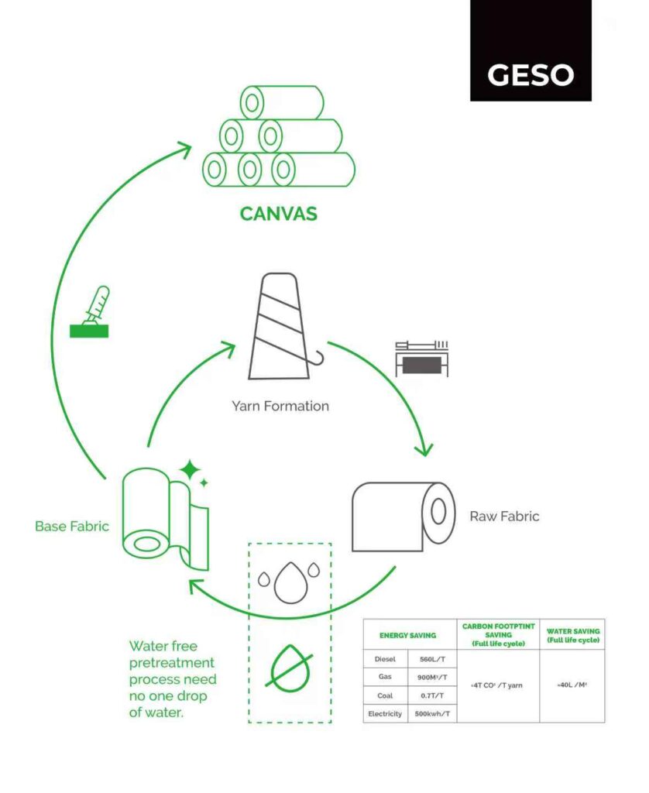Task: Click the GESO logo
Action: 531,74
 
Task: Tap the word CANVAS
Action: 278,213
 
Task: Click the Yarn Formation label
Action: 280,406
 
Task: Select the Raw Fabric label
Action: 504,516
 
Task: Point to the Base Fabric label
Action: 72,526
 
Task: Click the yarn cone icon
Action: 280,327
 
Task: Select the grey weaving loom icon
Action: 421,358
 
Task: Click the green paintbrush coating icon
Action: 91,313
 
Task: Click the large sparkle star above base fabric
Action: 189,470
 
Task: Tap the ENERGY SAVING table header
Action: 407,635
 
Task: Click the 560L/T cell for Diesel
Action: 431,659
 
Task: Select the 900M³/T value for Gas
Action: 431,677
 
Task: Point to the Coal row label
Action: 385,695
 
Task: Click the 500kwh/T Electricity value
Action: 431,713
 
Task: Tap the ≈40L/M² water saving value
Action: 572,685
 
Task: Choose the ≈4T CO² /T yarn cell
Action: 498,685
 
